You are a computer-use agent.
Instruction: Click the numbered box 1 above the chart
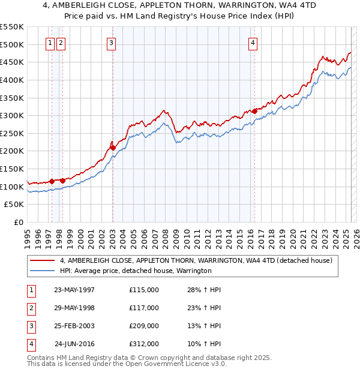(x=50, y=43)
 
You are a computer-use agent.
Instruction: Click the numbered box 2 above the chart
(x=62, y=43)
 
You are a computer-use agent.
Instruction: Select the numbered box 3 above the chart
(x=112, y=43)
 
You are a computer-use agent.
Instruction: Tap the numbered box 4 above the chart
(x=254, y=43)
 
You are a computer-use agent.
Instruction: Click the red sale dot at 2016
(x=254, y=110)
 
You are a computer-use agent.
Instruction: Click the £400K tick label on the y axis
(x=12, y=80)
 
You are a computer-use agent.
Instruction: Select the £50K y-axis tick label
(x=14, y=205)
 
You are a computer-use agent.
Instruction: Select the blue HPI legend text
(x=136, y=271)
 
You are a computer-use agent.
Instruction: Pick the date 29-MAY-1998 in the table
(x=74, y=308)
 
